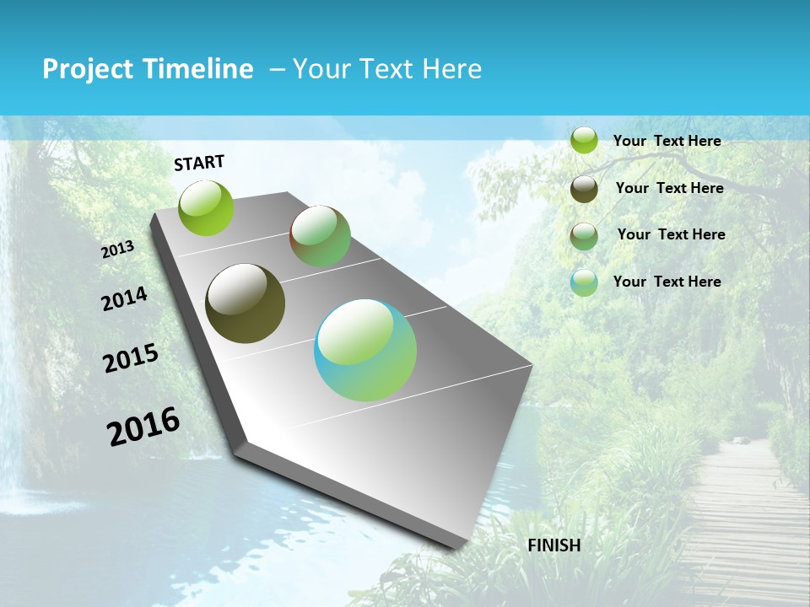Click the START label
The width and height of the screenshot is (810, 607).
tap(199, 163)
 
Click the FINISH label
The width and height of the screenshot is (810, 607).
tap(554, 545)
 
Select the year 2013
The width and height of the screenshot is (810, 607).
tap(118, 250)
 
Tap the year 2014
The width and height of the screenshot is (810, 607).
tap(125, 299)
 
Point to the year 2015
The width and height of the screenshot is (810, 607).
tap(131, 359)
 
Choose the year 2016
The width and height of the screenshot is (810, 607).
tap(143, 427)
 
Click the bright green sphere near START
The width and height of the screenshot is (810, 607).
tap(207, 207)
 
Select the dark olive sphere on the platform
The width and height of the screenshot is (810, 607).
tap(245, 304)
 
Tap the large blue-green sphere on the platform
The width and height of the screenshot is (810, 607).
tap(365, 350)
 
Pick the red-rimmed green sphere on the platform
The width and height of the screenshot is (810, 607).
tap(321, 236)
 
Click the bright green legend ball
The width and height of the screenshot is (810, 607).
tap(584, 140)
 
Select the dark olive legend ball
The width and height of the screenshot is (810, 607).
tap(584, 189)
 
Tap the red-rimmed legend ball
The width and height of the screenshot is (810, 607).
tap(584, 236)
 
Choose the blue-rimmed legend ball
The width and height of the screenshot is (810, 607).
tap(584, 282)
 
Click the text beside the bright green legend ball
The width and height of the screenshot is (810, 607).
tap(667, 141)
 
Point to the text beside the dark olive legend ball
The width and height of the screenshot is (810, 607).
tap(669, 188)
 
